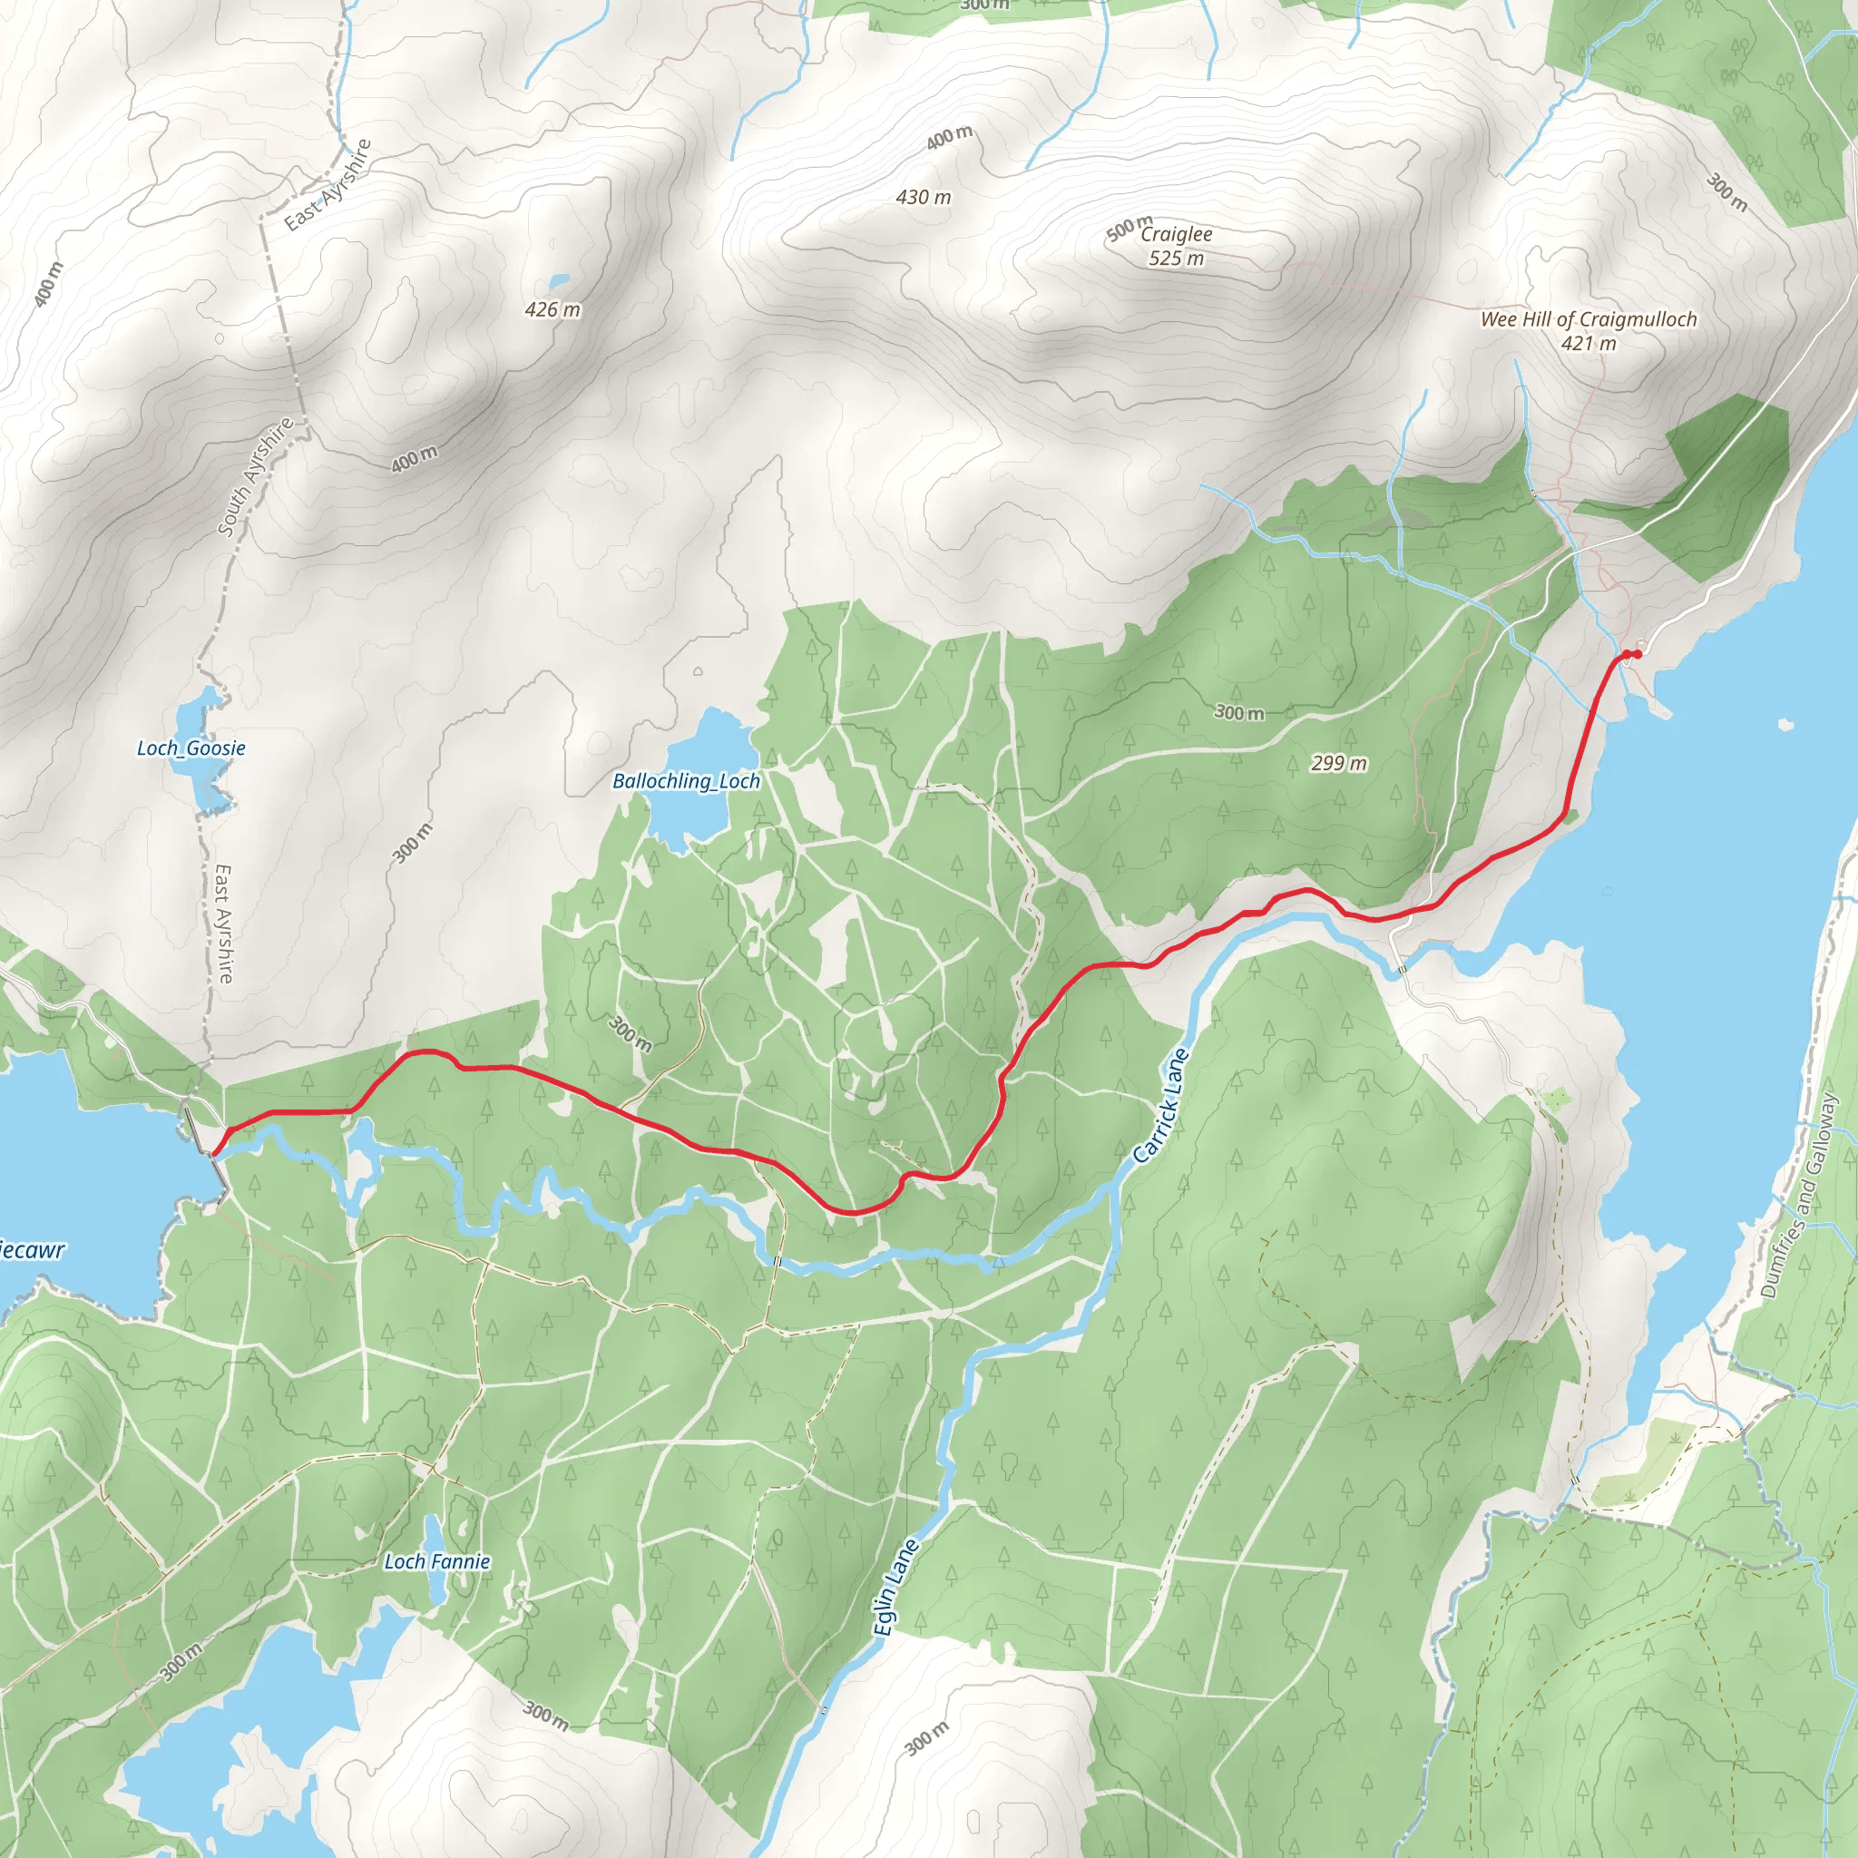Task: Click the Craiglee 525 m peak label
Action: tap(1176, 246)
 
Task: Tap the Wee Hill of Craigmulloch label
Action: tap(1589, 320)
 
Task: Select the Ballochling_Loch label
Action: tap(687, 782)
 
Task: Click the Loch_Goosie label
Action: tap(191, 748)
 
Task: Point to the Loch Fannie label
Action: tap(437, 1562)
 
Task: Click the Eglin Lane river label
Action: tap(896, 1588)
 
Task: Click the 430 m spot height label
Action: tap(924, 197)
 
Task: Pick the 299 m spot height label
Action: tap(1339, 764)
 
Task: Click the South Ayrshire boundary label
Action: tap(255, 476)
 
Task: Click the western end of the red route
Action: tap(213, 1153)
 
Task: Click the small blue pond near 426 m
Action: tap(558, 283)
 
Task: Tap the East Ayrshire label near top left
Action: tap(328, 185)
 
